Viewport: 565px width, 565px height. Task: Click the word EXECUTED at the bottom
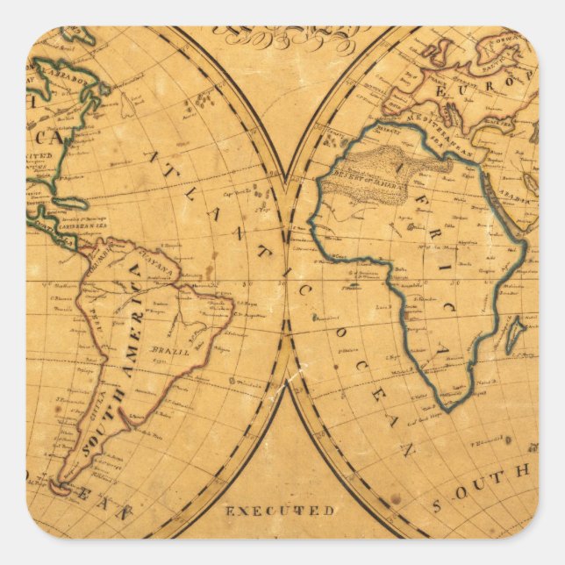(280, 510)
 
